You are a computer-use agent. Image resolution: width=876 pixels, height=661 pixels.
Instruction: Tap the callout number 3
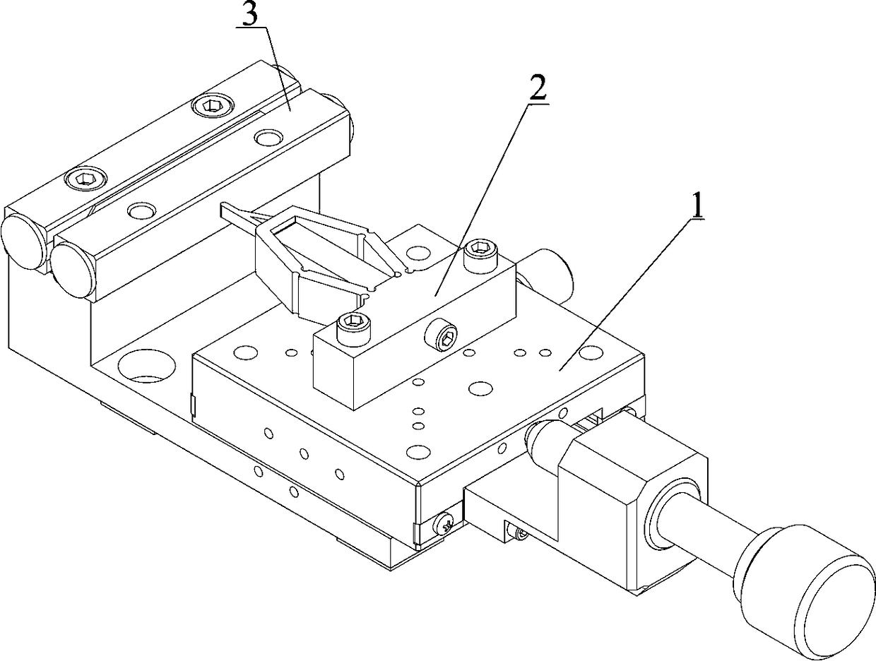tap(249, 16)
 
